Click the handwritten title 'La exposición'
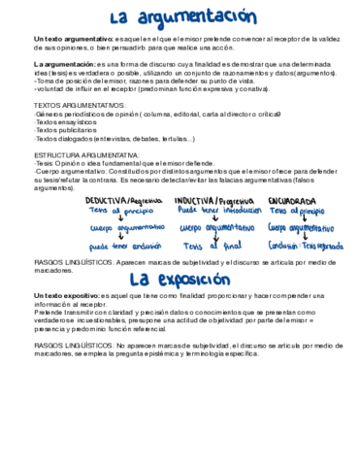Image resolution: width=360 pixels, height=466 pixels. (180, 282)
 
